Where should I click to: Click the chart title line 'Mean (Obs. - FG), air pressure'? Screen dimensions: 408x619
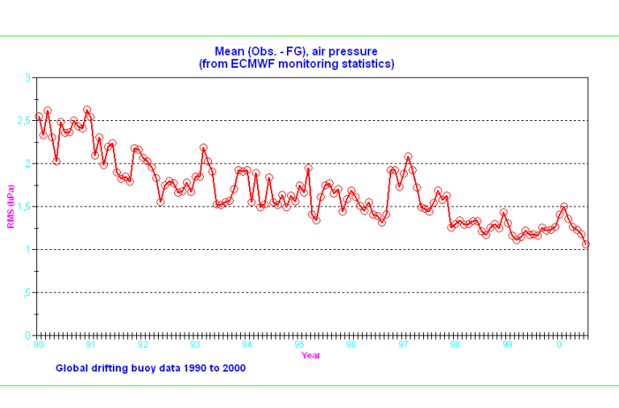(x=296, y=52)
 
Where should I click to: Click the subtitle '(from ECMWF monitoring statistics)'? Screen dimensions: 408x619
(x=296, y=64)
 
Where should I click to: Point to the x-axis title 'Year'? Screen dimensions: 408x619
(x=310, y=355)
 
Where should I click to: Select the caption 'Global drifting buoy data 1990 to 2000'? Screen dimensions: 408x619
(x=151, y=368)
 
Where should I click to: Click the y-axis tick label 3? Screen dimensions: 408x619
(x=27, y=77)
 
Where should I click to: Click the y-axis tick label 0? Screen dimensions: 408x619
(x=27, y=335)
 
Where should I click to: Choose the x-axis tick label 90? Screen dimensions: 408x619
(x=39, y=344)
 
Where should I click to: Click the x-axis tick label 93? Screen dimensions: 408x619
(x=195, y=344)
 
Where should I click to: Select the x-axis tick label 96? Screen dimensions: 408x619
(x=351, y=344)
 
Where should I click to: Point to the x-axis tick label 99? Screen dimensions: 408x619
(x=507, y=344)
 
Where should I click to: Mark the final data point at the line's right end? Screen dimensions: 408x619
(x=586, y=244)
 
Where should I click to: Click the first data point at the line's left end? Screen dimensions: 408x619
(x=39, y=117)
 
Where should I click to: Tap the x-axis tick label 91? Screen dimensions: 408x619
(x=91, y=344)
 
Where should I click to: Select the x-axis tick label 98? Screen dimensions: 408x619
(x=455, y=344)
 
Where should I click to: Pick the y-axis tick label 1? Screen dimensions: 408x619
(x=27, y=249)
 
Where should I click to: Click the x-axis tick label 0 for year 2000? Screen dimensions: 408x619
(x=559, y=344)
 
